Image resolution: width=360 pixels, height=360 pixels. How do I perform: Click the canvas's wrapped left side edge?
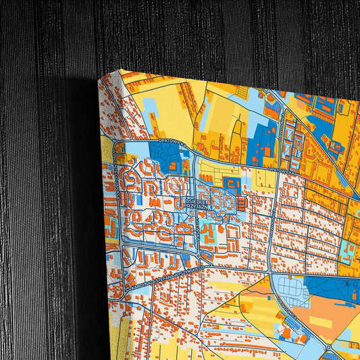[112, 223]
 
